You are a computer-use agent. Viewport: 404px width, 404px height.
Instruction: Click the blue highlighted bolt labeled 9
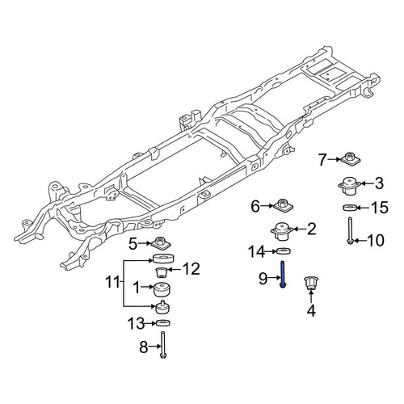(x=283, y=275)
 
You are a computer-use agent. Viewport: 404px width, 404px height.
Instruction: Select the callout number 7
(x=322, y=159)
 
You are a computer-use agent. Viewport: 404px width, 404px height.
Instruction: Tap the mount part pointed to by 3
(x=350, y=186)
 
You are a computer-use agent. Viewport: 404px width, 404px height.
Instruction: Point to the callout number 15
(x=380, y=208)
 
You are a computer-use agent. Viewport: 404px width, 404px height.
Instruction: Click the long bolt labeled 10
(x=350, y=231)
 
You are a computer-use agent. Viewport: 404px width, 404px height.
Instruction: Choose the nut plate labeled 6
(x=283, y=205)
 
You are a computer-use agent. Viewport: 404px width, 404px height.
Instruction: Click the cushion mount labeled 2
(x=282, y=231)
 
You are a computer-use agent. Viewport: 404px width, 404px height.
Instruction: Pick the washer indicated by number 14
(x=284, y=251)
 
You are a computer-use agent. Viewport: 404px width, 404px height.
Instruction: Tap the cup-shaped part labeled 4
(x=311, y=283)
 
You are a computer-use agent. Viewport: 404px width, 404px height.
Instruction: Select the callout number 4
(x=311, y=310)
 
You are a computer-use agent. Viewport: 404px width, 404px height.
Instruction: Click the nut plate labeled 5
(x=161, y=243)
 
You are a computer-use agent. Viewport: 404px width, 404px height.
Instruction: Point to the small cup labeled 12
(x=162, y=272)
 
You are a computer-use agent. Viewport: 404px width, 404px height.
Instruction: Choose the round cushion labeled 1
(x=162, y=289)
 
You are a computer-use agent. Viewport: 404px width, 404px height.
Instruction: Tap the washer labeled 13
(x=163, y=322)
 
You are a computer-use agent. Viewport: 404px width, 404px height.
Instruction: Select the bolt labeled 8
(x=163, y=345)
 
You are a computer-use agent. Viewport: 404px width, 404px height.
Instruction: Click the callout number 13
(x=136, y=323)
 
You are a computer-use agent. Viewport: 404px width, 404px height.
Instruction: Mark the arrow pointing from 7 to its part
(x=335, y=159)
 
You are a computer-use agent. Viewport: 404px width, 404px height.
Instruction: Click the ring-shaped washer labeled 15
(x=350, y=208)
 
